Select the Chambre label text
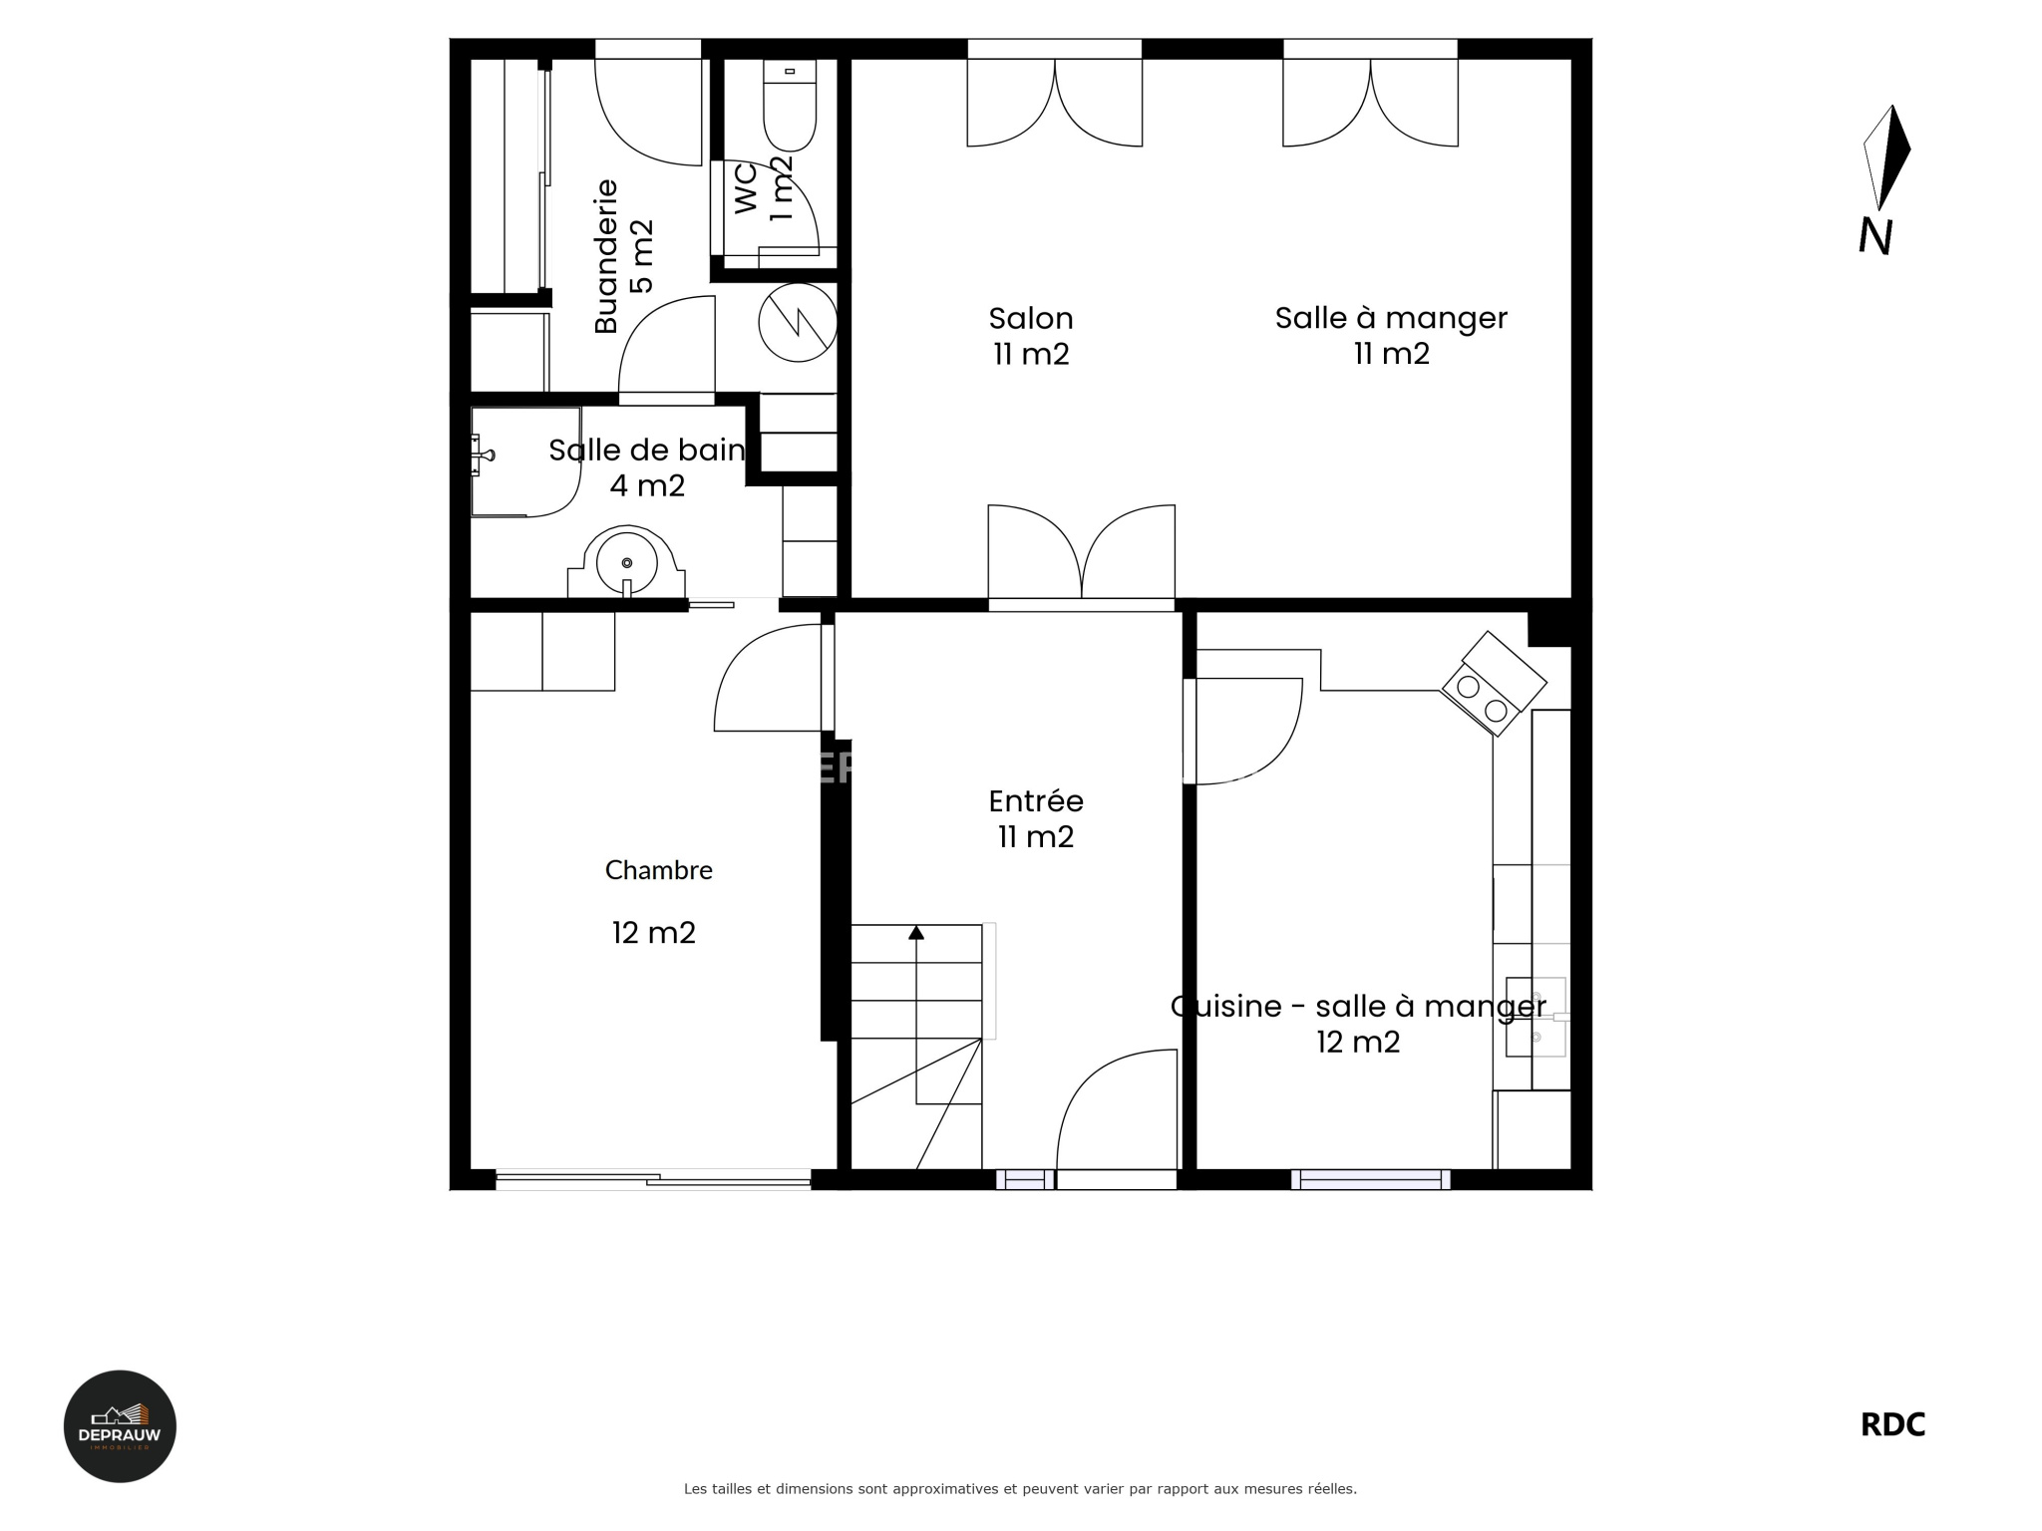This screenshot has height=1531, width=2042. (x=659, y=870)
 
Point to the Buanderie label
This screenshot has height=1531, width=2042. (x=606, y=256)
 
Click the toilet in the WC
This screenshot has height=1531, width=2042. (x=790, y=105)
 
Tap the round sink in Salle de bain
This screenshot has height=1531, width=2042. (x=627, y=562)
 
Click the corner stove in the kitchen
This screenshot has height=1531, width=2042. (x=1494, y=685)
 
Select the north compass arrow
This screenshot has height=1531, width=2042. (x=1886, y=157)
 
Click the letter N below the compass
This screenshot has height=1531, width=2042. (x=1875, y=237)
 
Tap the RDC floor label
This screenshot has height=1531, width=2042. (x=1892, y=1425)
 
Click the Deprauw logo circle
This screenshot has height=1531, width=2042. (x=120, y=1426)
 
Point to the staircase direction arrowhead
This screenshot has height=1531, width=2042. (x=916, y=933)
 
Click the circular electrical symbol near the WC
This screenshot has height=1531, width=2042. (x=798, y=321)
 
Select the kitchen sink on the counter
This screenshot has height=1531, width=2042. (x=1536, y=1017)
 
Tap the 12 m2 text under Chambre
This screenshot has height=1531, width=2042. (x=654, y=933)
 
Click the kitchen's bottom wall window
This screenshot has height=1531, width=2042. (x=1371, y=1180)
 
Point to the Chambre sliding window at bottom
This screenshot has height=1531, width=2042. (x=654, y=1180)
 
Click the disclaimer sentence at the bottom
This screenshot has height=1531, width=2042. (x=1020, y=1489)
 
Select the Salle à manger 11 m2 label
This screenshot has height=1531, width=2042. (x=1391, y=336)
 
